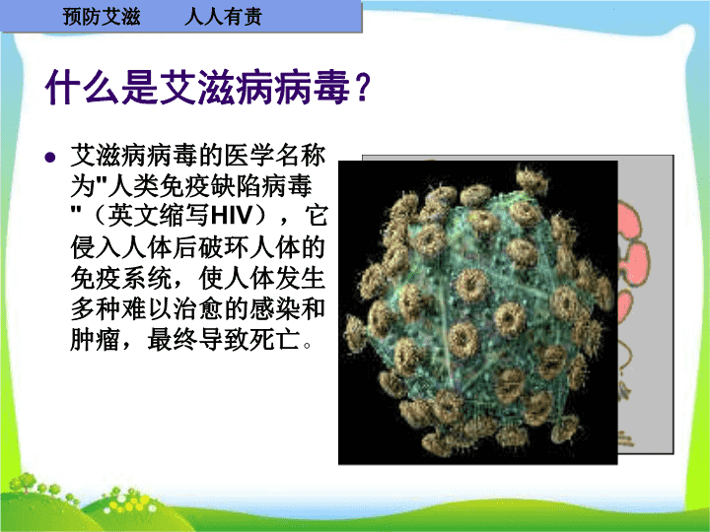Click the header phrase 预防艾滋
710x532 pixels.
point(102,17)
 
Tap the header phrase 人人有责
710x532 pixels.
point(223,17)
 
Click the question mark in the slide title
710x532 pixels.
point(362,87)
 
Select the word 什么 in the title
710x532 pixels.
point(83,87)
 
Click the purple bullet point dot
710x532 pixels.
point(50,157)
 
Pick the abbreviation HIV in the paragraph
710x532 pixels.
point(231,216)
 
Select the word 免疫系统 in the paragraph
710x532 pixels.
point(120,277)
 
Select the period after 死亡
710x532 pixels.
point(308,345)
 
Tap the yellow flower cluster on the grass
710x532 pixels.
point(130,503)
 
